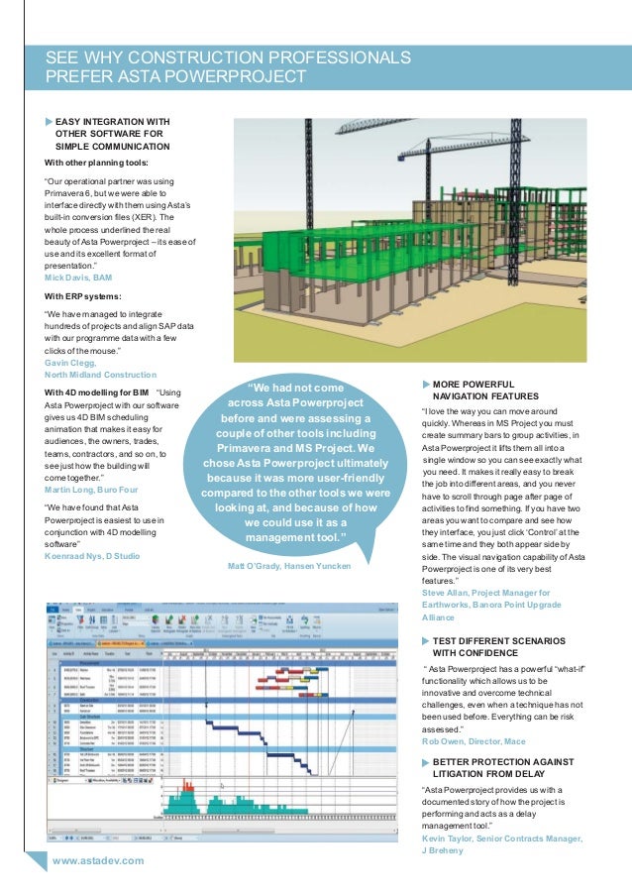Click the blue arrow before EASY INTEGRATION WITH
click(50, 122)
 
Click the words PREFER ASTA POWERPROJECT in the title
click(175, 75)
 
